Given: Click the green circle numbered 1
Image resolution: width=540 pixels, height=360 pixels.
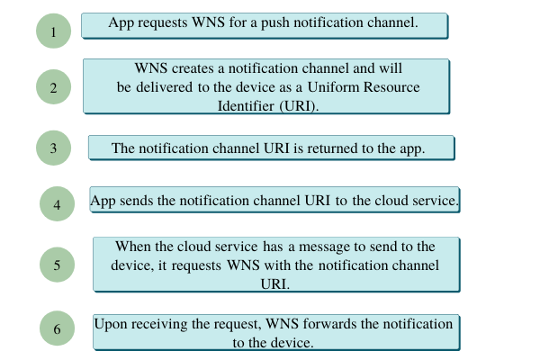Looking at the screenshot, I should [x=53, y=31].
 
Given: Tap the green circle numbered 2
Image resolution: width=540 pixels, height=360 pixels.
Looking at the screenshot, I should [x=53, y=87].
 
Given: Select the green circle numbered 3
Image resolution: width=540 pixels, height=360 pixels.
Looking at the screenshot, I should [x=53, y=148].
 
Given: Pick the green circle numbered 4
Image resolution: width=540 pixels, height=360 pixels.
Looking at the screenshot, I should [x=57, y=204].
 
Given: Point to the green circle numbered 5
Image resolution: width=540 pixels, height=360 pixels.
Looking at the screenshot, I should [x=58, y=264].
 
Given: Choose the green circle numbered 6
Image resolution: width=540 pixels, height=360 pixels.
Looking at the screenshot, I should [x=57, y=329].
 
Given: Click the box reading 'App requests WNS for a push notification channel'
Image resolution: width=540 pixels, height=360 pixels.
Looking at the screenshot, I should [x=264, y=24].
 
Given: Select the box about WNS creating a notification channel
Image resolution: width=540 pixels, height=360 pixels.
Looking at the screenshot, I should [x=267, y=86].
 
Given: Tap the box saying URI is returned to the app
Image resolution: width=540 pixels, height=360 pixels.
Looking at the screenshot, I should [x=270, y=148].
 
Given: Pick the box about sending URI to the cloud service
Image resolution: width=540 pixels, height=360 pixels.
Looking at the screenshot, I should [x=275, y=201].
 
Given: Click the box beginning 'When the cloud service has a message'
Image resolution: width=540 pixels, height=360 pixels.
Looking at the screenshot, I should [x=276, y=264].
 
